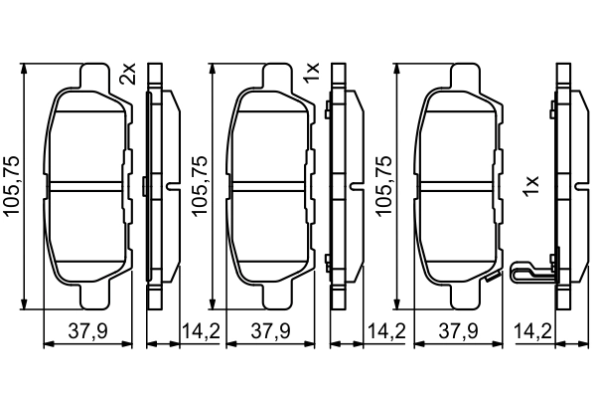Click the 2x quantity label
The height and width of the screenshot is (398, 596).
click(x=127, y=74)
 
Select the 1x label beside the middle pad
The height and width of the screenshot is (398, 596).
click(x=311, y=73)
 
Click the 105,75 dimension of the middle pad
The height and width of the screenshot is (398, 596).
click(x=198, y=186)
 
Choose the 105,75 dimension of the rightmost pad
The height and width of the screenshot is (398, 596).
click(x=382, y=186)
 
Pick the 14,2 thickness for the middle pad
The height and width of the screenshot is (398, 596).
click(x=382, y=330)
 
